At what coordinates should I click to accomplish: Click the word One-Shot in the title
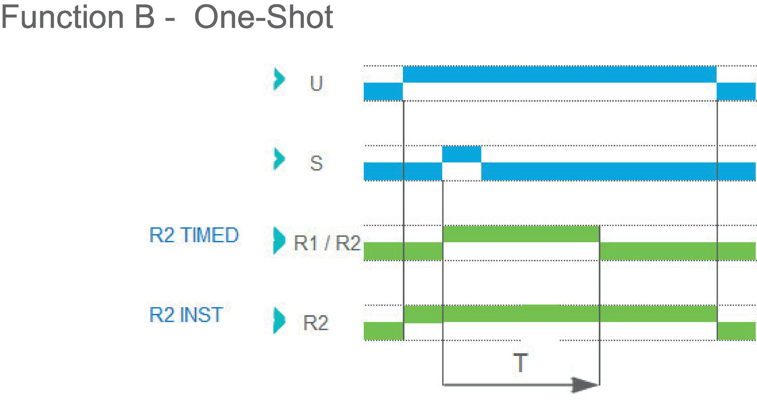[x=263, y=18]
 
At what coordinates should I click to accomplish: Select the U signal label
[x=316, y=84]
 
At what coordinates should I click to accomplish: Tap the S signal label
[x=316, y=164]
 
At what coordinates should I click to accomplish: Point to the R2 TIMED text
[x=194, y=235]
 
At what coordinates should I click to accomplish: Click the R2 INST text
[x=186, y=315]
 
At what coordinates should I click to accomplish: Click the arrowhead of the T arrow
[x=585, y=385]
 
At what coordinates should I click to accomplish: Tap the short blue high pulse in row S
[x=461, y=154]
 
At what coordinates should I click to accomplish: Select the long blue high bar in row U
[x=559, y=74]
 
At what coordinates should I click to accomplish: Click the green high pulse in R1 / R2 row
[x=520, y=234]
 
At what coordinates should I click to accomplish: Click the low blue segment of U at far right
[x=736, y=91]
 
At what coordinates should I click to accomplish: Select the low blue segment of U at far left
[x=383, y=91]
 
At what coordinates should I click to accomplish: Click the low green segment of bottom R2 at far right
[x=736, y=331]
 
